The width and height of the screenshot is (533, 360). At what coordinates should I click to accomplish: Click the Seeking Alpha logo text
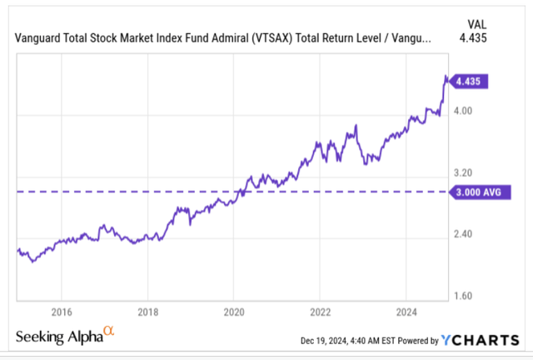click(x=58, y=336)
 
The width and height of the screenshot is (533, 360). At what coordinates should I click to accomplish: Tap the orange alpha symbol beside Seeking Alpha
click(x=109, y=332)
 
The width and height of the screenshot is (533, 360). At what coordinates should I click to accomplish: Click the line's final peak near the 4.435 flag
click(x=446, y=77)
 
